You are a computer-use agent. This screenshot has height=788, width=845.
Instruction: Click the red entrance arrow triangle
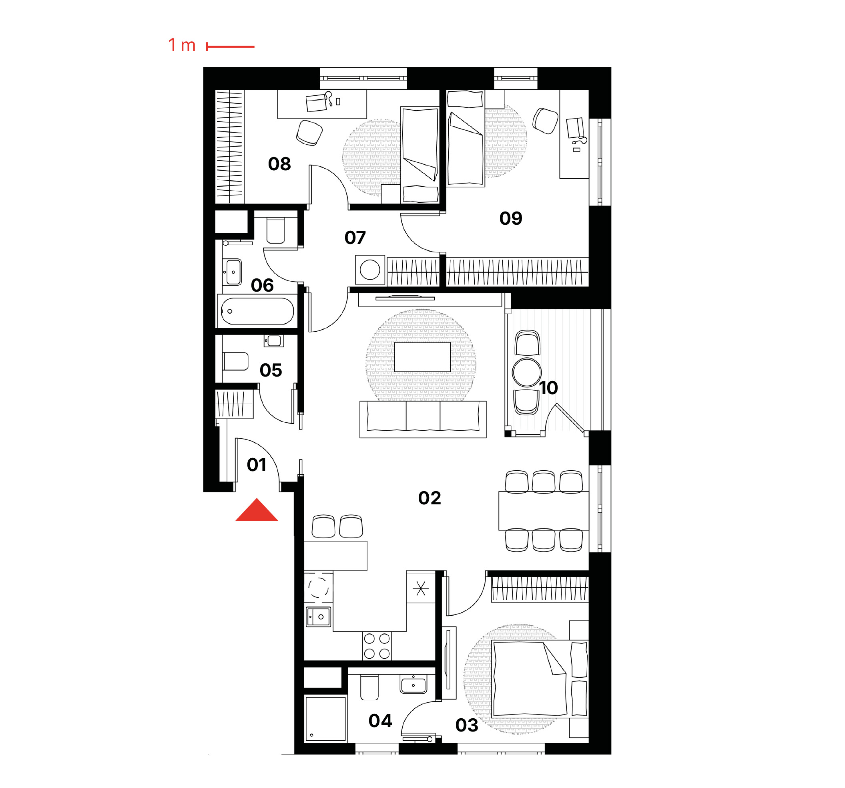pyautogui.click(x=257, y=511)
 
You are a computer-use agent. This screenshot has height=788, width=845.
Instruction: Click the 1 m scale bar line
pyautogui.click(x=231, y=46)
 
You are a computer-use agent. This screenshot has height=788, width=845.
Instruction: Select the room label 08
pyautogui.click(x=279, y=164)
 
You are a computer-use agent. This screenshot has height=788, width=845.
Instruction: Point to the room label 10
pyautogui.click(x=548, y=388)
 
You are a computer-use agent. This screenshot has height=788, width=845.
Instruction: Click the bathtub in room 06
pyautogui.click(x=257, y=311)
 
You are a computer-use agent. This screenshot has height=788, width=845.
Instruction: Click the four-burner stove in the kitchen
pyautogui.click(x=377, y=646)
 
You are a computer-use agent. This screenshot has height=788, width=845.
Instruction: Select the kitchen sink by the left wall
pyautogui.click(x=318, y=617)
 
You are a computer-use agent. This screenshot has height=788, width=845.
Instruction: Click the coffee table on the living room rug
pyautogui.click(x=422, y=357)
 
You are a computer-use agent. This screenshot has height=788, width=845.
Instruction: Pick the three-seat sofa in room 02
pyautogui.click(x=423, y=419)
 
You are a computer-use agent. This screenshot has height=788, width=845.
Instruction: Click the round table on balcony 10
pyautogui.click(x=527, y=372)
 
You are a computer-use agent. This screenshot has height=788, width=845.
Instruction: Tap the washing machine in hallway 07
pyautogui.click(x=370, y=270)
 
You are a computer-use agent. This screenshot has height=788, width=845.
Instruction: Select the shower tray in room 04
pyautogui.click(x=325, y=719)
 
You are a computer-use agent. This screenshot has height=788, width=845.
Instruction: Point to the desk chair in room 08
pyautogui.click(x=309, y=133)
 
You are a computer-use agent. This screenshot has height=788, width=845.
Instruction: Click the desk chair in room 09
pyautogui.click(x=545, y=121)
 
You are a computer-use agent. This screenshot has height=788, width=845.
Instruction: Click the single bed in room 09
pyautogui.click(x=466, y=138)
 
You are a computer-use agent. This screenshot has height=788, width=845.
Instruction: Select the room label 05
pyautogui.click(x=271, y=370)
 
